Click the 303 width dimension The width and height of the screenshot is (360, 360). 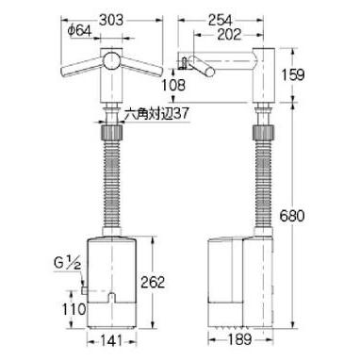(x=111, y=21)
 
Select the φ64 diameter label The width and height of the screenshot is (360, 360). (x=79, y=31)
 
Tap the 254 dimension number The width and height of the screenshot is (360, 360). (x=220, y=21)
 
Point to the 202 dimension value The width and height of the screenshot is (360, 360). (x=229, y=35)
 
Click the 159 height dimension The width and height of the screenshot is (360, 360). (x=292, y=74)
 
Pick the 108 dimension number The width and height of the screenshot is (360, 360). (x=173, y=85)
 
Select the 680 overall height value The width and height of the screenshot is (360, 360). (x=292, y=216)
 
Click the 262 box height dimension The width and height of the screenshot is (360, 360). (x=153, y=283)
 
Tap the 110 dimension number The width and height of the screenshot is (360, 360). (x=74, y=309)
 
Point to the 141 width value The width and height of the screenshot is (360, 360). (x=111, y=341)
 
